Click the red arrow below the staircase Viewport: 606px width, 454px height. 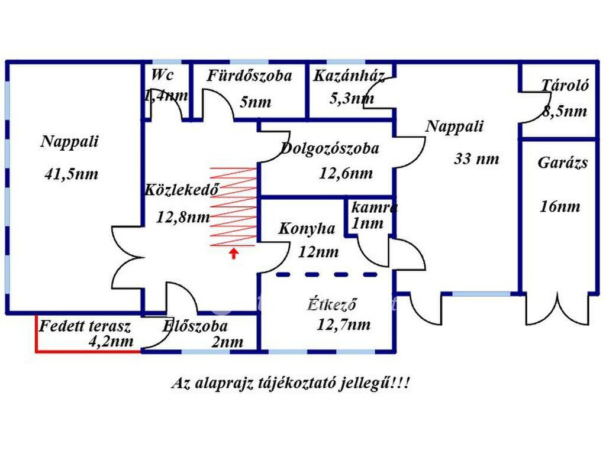tap(233, 253)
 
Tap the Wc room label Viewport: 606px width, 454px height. tap(162, 74)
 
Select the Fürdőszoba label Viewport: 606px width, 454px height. tap(250, 76)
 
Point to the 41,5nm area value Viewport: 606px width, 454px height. tap(72, 174)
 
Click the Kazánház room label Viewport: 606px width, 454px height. tap(349, 76)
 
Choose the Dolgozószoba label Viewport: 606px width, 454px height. tap(330, 148)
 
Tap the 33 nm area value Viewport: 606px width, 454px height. tap(476, 158)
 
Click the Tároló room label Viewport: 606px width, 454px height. tap(565, 85)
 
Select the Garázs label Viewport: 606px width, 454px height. tap(563, 163)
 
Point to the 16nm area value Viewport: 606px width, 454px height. tap(560, 206)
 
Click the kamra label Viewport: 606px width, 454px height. tap(374, 207)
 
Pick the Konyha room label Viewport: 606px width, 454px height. tap(307, 229)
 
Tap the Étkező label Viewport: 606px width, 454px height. tap(332, 304)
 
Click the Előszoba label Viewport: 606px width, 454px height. tap(195, 326)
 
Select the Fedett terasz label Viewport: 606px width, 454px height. tap(85, 326)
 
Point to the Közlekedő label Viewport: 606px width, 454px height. tap(182, 189)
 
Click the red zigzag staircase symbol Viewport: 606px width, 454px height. tap(233, 206)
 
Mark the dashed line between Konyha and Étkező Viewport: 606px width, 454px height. tap(327, 274)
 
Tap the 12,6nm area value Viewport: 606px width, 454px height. tap(346, 173)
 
